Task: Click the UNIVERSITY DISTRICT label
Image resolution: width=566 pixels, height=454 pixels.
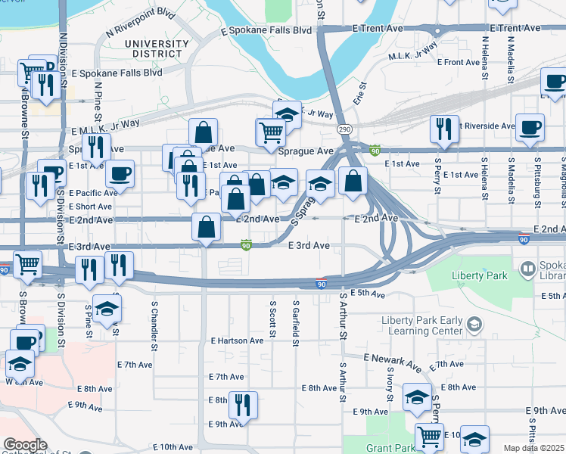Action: click(x=157, y=49)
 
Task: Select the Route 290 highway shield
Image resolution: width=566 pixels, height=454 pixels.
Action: click(x=344, y=129)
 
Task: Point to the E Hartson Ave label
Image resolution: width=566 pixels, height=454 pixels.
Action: click(x=238, y=340)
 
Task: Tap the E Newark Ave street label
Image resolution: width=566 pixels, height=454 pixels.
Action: click(x=392, y=362)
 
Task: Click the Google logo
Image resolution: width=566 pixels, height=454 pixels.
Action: click(x=24, y=445)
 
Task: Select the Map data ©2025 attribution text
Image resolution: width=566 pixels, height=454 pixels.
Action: click(x=534, y=448)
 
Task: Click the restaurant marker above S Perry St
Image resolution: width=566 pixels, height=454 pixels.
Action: click(x=443, y=129)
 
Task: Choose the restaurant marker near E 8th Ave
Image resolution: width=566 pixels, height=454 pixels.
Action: click(x=243, y=405)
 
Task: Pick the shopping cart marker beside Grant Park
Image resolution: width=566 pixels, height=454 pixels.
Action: click(x=429, y=437)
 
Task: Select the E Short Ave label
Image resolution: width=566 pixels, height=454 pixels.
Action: click(x=91, y=206)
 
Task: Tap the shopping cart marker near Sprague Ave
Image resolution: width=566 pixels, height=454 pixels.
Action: click(x=270, y=132)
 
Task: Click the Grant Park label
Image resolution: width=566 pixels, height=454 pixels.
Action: click(x=390, y=448)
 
